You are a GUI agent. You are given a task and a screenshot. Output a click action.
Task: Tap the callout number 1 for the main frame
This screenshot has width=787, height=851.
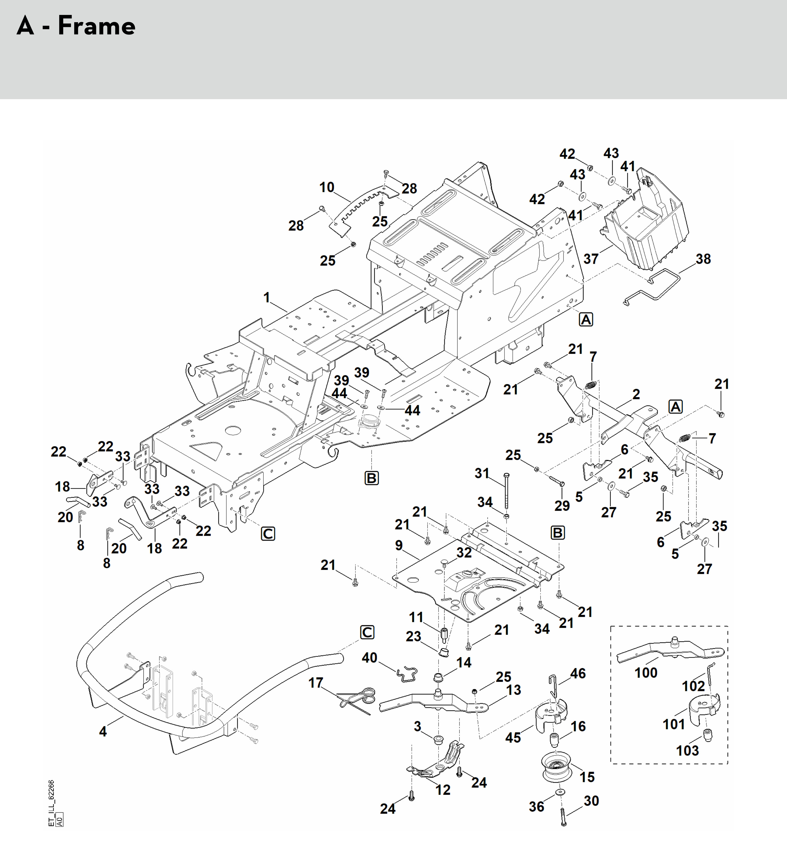tap(267, 297)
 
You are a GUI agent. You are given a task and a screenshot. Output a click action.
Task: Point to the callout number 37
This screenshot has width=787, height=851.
tap(591, 259)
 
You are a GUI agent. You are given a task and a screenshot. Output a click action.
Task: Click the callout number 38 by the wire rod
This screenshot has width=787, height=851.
tap(703, 259)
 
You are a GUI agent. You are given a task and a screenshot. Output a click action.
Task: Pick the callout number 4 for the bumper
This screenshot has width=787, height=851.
tap(103, 731)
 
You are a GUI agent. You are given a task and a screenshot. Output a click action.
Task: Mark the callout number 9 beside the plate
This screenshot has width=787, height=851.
tap(399, 545)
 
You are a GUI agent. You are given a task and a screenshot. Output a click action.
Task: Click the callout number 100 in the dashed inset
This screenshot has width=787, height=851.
tap(646, 673)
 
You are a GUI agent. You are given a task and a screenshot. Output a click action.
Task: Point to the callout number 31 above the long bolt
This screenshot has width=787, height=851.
tap(482, 473)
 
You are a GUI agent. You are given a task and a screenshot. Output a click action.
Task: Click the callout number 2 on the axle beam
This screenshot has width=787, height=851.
tap(636, 394)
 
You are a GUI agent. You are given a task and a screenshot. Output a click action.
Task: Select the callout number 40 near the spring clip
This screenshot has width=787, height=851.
tap(369, 658)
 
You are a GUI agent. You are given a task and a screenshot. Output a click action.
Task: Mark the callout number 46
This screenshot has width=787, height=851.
tap(578, 673)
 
